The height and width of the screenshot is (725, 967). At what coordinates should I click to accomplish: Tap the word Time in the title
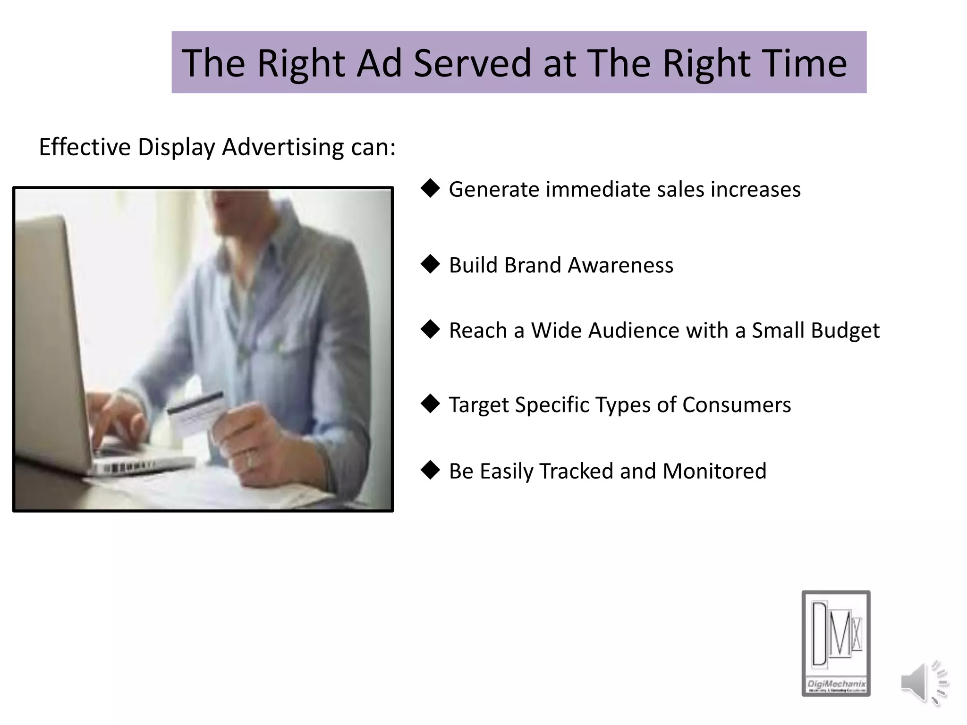[x=798, y=63]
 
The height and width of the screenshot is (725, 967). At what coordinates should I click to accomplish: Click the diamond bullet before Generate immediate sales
[x=430, y=188]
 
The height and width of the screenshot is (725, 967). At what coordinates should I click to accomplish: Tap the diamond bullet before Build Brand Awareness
[x=430, y=264]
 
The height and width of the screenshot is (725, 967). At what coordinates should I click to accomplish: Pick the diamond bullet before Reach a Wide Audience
[x=430, y=329]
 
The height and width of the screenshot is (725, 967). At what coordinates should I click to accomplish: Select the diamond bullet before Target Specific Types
[x=430, y=404]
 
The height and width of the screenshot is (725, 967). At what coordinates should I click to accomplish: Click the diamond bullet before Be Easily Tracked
[x=430, y=470]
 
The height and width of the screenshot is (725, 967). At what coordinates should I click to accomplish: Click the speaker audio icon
[x=923, y=683]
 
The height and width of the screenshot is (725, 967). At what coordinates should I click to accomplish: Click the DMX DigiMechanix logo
[x=836, y=643]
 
